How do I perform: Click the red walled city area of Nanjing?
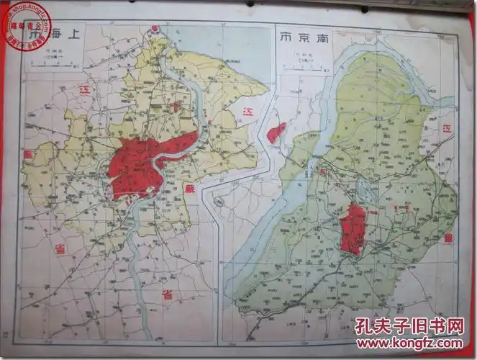coord(353,229)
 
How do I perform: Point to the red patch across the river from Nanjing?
coord(276,132)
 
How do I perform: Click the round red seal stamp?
coord(27,26)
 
